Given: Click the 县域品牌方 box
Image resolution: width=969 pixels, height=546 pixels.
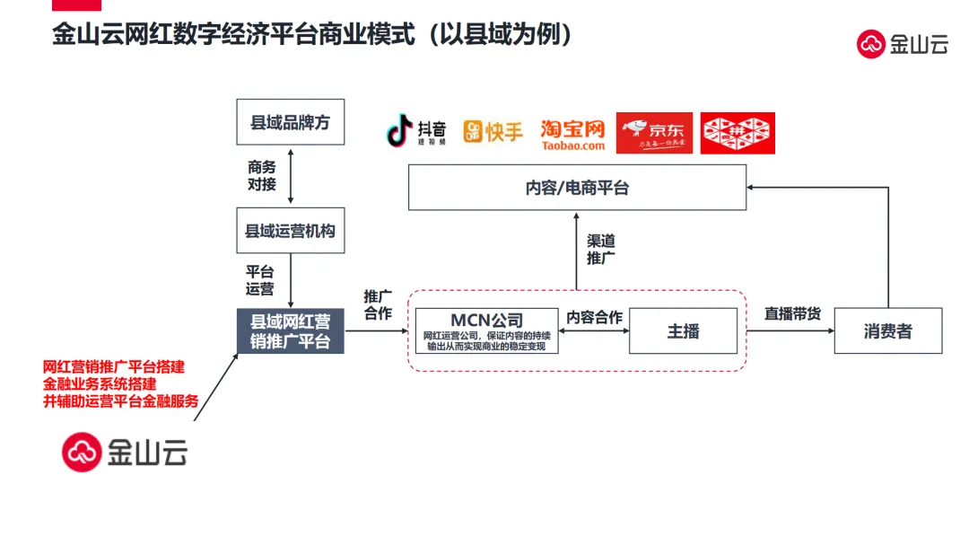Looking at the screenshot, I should pos(290,122).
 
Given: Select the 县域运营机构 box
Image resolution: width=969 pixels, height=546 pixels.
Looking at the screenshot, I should pos(290,231).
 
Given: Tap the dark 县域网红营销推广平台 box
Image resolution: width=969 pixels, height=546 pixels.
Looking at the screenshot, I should pos(290,331).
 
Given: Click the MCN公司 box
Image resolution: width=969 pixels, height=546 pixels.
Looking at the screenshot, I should pos(486,330).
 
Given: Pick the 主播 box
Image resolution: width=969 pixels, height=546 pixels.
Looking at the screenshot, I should pos(683,330).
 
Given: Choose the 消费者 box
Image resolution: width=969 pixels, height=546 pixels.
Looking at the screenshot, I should pos(887,330).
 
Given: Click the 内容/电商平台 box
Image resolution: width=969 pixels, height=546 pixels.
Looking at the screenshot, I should pos(577,189).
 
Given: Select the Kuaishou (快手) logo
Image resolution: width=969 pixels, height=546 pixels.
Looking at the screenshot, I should pos(493,132).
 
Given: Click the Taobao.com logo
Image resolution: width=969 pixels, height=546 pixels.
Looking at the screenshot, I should pos(572,134).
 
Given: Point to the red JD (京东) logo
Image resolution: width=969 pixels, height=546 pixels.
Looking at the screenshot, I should pos(654,133).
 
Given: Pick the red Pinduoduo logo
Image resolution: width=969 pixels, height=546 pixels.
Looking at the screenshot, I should pos(737,133).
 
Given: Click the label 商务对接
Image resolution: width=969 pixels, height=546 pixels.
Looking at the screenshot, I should pos(262,176).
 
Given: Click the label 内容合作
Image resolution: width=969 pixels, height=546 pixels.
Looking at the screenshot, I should pos(594,317).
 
